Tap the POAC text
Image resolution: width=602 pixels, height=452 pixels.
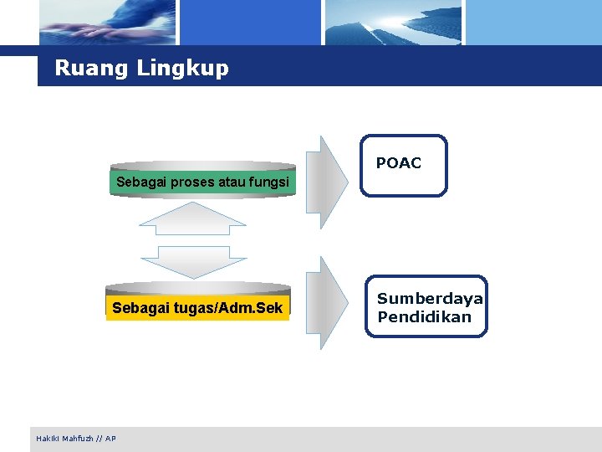click(x=399, y=163)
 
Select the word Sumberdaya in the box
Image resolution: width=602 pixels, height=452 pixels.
click(x=430, y=299)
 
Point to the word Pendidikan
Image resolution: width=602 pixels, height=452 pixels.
click(x=424, y=317)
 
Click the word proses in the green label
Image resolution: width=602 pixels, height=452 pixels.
click(x=193, y=182)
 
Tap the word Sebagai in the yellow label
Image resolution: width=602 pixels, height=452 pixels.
click(x=137, y=309)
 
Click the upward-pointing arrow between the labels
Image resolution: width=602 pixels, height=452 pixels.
click(x=192, y=219)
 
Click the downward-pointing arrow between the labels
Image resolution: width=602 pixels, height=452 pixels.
click(x=192, y=261)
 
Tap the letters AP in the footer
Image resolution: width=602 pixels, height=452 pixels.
click(x=111, y=439)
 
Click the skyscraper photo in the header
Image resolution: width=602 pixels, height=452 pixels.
click(x=393, y=23)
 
